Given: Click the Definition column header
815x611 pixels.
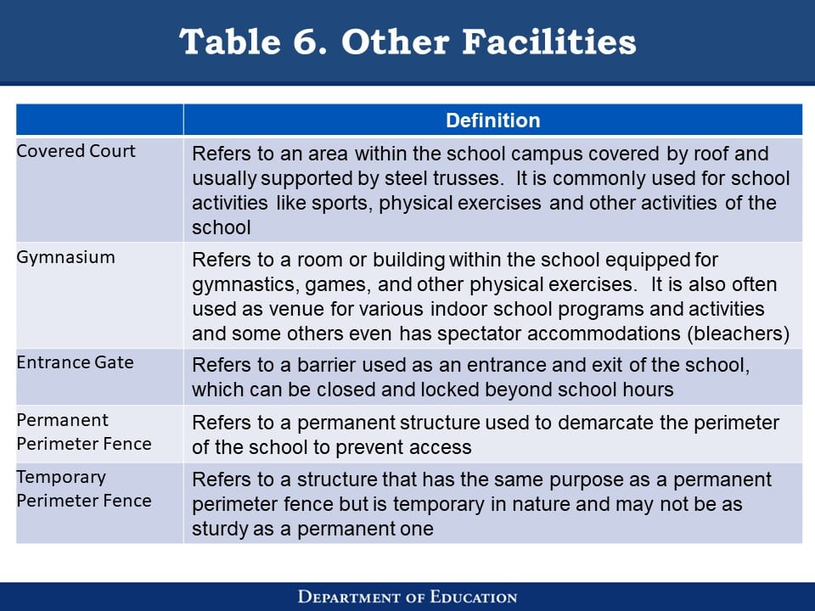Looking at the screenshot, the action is click(x=492, y=120).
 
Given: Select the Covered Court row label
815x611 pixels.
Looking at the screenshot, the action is click(x=76, y=151).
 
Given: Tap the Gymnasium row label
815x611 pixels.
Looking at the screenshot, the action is click(x=66, y=257).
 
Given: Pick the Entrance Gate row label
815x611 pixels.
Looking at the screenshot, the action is click(x=76, y=362).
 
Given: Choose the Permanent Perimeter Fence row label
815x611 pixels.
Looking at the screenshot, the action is click(x=84, y=432).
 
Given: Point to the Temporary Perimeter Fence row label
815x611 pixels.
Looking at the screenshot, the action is click(x=84, y=489).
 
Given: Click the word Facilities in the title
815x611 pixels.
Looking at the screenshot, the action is click(x=549, y=42).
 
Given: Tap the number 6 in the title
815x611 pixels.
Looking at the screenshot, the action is click(x=310, y=42).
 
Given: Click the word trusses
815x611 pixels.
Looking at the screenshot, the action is click(x=469, y=178).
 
